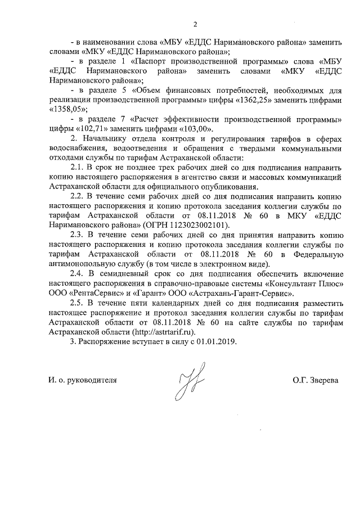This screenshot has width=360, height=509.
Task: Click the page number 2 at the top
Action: point(195,24)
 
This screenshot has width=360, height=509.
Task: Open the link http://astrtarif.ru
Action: point(165,332)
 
